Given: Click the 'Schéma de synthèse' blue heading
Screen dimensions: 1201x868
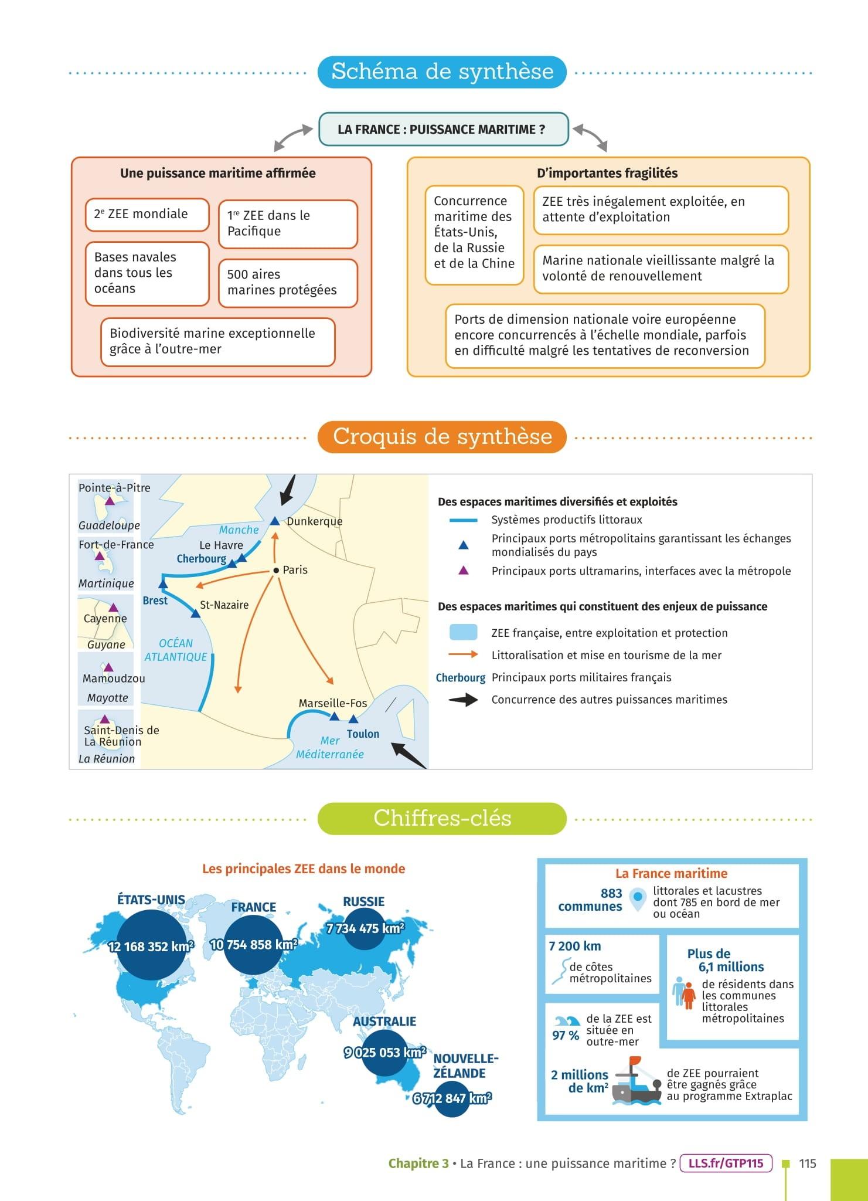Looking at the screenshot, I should pyautogui.click(x=442, y=72).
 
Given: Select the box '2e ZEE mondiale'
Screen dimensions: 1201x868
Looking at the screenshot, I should pyautogui.click(x=147, y=215).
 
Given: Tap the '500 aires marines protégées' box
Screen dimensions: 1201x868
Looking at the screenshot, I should pyautogui.click(x=287, y=283).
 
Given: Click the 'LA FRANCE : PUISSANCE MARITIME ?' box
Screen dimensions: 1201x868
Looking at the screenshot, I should pyautogui.click(x=443, y=130).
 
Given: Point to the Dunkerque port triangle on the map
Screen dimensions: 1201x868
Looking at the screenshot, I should pyautogui.click(x=274, y=521).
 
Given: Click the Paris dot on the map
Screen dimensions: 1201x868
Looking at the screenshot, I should pyautogui.click(x=276, y=571).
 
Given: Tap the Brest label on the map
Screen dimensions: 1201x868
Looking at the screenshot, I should pyautogui.click(x=155, y=600).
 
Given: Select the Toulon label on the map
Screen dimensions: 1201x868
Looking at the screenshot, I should pyautogui.click(x=363, y=734).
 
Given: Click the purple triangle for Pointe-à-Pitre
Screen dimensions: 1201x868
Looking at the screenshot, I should pyautogui.click(x=109, y=501).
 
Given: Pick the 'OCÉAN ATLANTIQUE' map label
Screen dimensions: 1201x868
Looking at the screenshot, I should pyautogui.click(x=176, y=650).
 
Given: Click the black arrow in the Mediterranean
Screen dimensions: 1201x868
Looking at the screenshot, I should pyautogui.click(x=408, y=755).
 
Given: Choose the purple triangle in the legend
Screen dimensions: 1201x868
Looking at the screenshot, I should pyautogui.click(x=463, y=570).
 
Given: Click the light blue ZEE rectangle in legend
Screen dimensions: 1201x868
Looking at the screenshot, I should pyautogui.click(x=463, y=632).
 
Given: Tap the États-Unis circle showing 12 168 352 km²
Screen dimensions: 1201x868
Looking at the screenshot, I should pyautogui.click(x=151, y=946).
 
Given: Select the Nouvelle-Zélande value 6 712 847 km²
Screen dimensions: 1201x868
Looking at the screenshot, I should pyautogui.click(x=452, y=1098).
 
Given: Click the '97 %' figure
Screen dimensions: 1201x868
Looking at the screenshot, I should pyautogui.click(x=565, y=1036).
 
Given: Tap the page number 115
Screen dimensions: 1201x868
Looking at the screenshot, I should pyautogui.click(x=807, y=1163).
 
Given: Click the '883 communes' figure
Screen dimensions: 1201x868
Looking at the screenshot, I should pyautogui.click(x=590, y=900).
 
